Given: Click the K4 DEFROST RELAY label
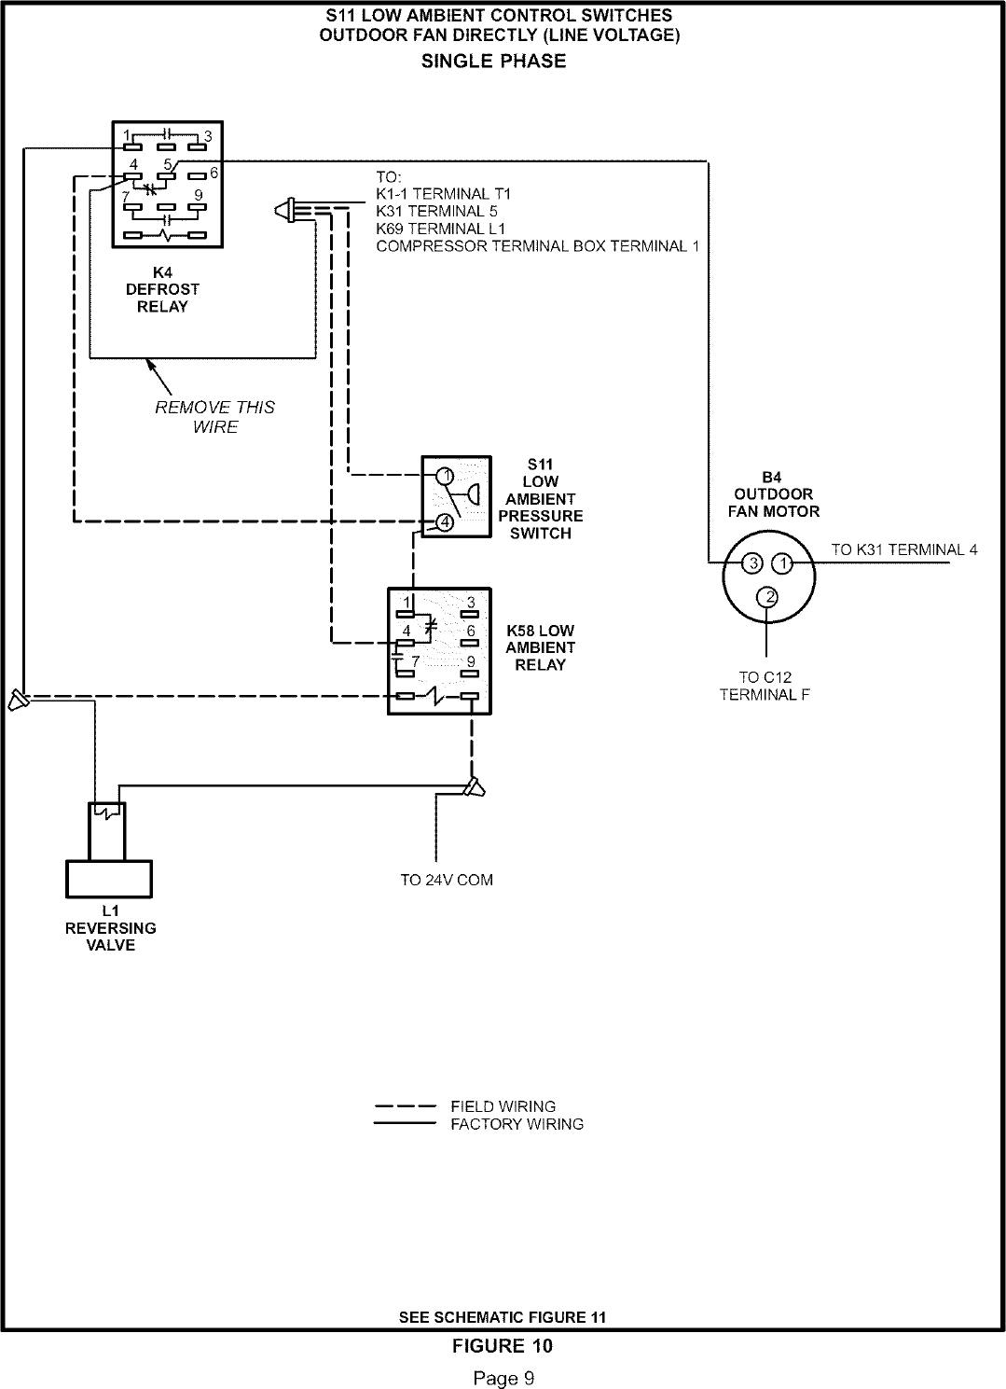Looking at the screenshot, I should pos(162,289).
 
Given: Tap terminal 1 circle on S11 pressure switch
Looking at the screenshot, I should pos(446,476).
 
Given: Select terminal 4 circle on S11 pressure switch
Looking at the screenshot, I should pos(446,522).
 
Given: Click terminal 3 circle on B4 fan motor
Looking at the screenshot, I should pos(751,563).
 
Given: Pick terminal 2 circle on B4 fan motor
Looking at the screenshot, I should pos(766,597).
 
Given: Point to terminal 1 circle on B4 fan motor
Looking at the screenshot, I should pos(783,563).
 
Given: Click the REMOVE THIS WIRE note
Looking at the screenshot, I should pos(215,417).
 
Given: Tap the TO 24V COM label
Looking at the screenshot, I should pos(447,880).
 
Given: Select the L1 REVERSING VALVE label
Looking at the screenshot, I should pos(110,928).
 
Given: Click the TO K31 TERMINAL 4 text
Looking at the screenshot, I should pos(904,549).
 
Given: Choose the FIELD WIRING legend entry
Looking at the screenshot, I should pos(503,1106).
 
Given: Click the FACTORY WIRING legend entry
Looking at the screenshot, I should pos(517,1124).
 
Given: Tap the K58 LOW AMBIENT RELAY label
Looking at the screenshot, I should pos(540,647).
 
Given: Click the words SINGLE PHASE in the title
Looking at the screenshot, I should pos(494,62).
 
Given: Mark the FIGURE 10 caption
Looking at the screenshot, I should pos(503,1345).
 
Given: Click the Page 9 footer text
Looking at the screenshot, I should pos(503,1377).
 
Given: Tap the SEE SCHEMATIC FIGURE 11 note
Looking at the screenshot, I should pos(503,1317).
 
